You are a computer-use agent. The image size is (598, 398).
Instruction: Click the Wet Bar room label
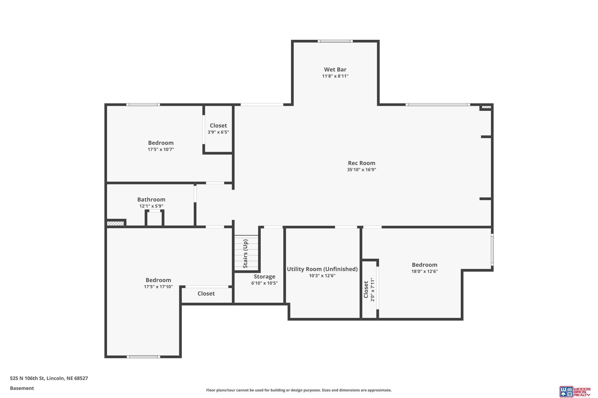point(335,69)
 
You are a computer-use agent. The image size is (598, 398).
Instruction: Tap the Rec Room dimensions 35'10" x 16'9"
point(362,170)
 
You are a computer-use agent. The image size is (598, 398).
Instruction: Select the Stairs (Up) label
point(245,254)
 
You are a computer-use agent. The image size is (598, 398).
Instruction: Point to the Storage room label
point(265,276)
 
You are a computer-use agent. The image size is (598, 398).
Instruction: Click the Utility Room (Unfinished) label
point(322,269)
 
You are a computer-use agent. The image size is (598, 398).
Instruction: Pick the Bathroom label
point(151,200)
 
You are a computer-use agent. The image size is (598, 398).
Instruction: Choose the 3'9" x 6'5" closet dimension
point(218,132)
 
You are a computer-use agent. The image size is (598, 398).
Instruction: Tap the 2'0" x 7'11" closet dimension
point(373,290)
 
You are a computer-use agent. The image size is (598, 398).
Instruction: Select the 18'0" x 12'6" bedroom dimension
point(425,271)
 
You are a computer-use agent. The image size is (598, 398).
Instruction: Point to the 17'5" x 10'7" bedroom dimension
point(161,149)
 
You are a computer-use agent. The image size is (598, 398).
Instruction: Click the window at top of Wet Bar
point(335,41)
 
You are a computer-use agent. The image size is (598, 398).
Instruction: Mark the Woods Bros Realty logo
point(575,391)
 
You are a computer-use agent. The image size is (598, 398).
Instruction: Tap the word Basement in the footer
point(22,388)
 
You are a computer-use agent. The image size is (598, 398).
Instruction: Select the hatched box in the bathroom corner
point(115,223)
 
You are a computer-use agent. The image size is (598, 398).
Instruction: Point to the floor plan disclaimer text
point(299,390)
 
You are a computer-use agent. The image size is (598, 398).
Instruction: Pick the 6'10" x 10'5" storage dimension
point(265,283)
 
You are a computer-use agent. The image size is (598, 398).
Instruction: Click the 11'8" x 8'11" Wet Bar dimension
point(335,76)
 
